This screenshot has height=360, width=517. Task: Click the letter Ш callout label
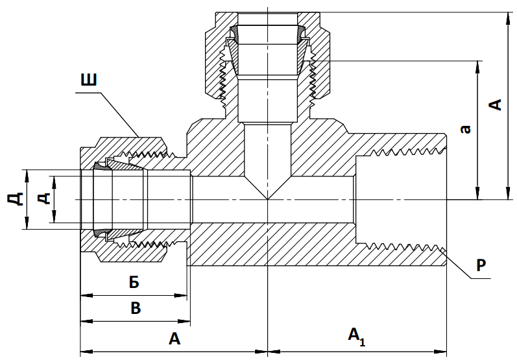89,81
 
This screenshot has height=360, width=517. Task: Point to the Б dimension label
134,283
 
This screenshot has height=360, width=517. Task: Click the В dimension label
136,307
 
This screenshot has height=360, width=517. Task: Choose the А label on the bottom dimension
174,338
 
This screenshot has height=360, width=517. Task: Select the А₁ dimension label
357,336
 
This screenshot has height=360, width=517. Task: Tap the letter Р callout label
481,265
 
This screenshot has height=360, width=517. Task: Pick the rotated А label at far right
495,104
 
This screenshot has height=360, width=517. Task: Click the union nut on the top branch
215,58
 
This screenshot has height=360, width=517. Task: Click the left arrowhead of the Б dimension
84,295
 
